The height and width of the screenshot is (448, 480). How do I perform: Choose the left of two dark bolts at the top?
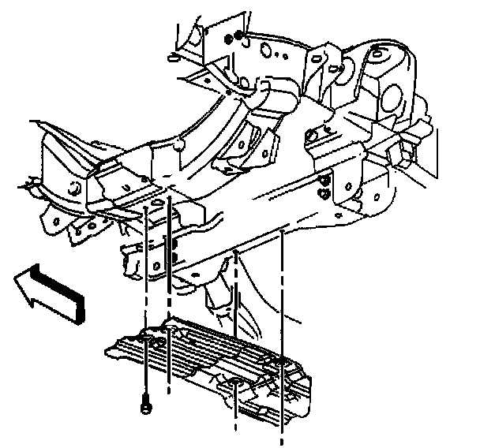229,38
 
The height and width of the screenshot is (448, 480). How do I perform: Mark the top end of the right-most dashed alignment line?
283,233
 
